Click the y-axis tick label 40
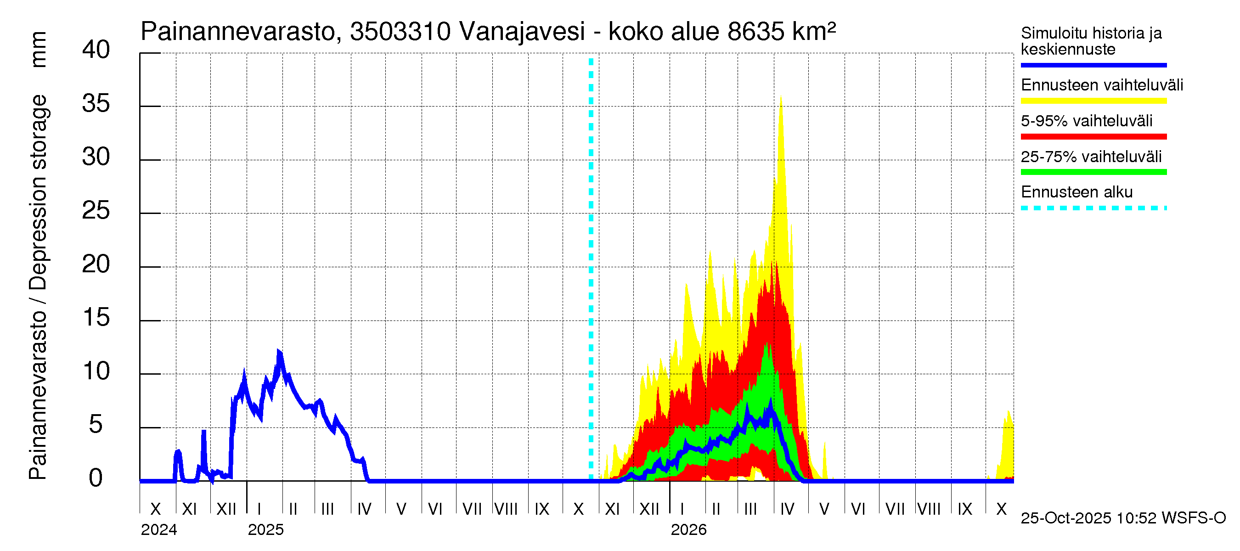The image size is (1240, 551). tap(96, 50)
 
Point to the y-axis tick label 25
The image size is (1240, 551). tap(96, 211)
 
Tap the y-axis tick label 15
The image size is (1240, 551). tap(96, 318)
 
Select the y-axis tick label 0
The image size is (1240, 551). tap(96, 478)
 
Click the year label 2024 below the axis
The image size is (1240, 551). tap(159, 530)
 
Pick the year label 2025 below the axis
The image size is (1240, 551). tap(266, 530)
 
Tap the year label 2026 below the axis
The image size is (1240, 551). tap(688, 530)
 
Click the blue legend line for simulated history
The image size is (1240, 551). tap(1093, 65)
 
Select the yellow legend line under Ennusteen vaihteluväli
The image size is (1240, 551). tap(1093, 101)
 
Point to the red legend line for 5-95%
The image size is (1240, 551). tap(1093, 137)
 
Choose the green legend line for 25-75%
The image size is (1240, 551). tap(1093, 172)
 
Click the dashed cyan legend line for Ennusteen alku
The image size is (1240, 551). tap(1093, 208)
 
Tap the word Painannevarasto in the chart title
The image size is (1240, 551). tap(238, 32)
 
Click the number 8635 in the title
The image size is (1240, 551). tap(756, 32)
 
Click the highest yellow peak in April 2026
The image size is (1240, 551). tap(781, 96)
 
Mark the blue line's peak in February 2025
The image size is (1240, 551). tap(279, 352)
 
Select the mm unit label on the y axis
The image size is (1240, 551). tap(39, 50)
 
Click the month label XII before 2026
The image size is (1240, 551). tap(649, 509)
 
